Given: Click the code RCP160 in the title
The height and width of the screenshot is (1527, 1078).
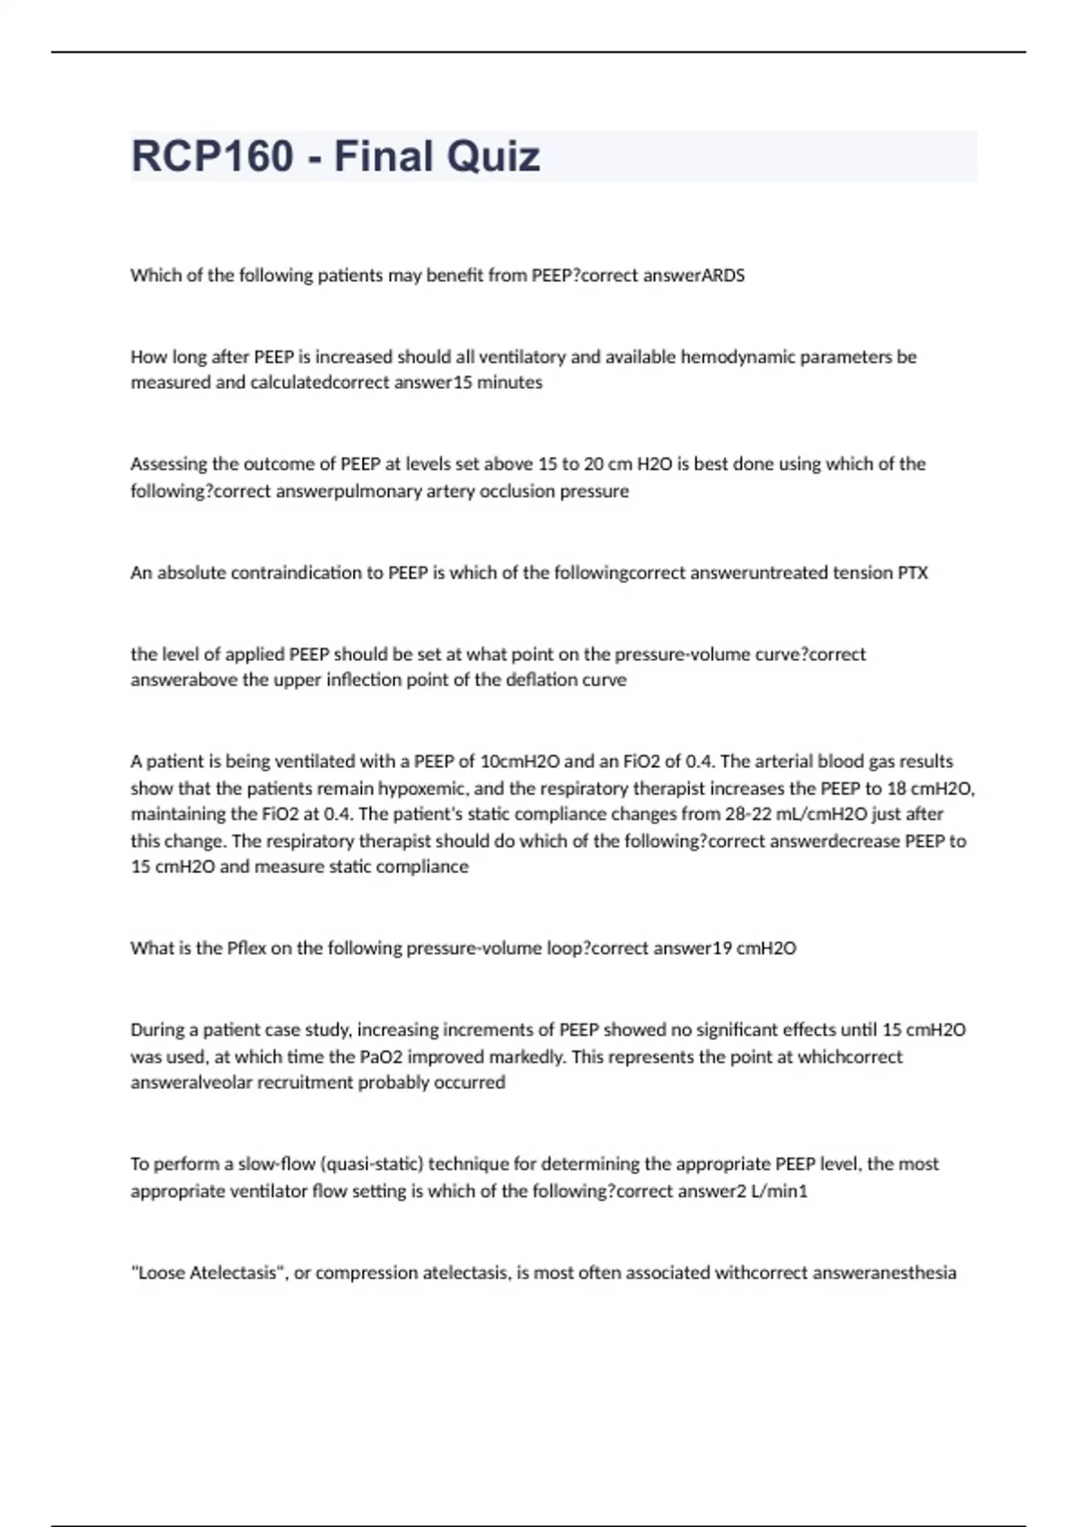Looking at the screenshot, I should click(212, 156).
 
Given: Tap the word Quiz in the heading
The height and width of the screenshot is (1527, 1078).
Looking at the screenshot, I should click(493, 156).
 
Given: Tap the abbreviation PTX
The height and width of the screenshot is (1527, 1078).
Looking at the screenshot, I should click(913, 573).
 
